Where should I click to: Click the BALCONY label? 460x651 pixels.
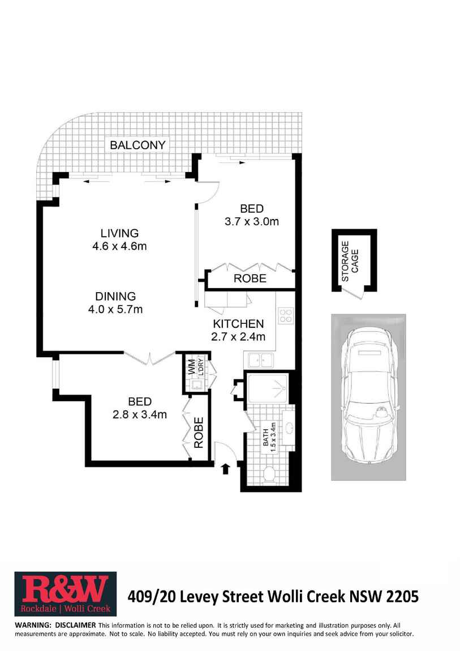tap(137, 145)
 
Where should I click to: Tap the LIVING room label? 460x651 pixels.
tap(119, 233)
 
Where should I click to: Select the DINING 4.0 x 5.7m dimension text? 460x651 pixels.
tap(115, 309)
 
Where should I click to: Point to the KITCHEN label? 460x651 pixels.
tap(238, 324)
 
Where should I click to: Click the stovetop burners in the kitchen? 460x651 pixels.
tap(286, 315)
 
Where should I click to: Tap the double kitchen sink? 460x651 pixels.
tap(261, 360)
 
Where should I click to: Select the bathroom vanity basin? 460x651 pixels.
tap(288, 427)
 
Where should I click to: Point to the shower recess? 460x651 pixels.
tap(268, 388)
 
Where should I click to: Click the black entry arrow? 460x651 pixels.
tap(225, 468)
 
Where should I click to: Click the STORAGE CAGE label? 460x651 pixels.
tap(350, 261)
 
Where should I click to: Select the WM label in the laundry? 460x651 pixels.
tap(192, 367)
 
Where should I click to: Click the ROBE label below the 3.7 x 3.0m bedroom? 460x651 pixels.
tap(250, 278)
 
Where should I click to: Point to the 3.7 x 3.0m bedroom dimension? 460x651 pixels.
tap(252, 221)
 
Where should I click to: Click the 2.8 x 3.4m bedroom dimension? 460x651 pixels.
tap(140, 414)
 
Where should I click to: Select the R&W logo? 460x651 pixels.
tap(66, 594)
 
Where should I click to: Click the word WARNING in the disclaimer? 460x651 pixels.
tap(33, 625)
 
